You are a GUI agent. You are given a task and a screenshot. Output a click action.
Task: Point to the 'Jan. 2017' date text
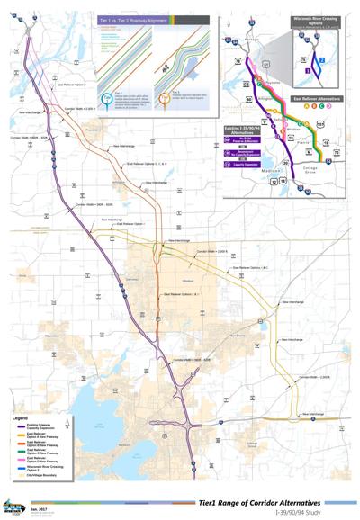point(40,507)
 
